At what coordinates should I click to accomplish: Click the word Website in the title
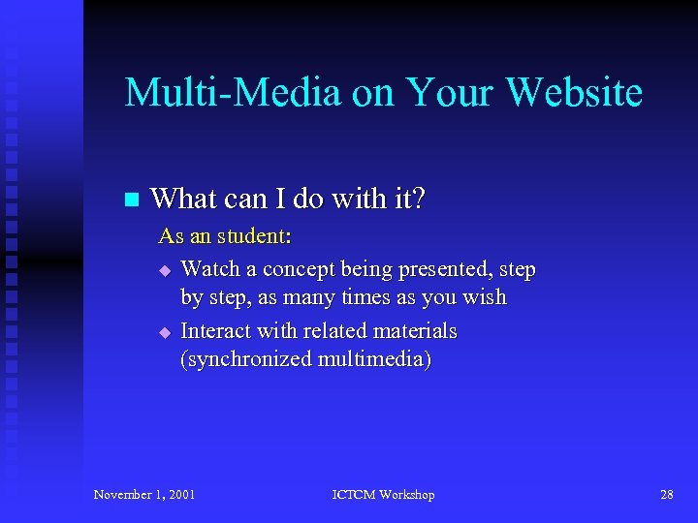click(x=574, y=93)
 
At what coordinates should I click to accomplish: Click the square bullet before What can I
click(x=132, y=200)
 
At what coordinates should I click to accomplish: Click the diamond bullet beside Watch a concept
click(x=165, y=269)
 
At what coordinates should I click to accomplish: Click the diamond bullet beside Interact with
click(x=165, y=332)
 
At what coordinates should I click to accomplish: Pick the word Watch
click(x=210, y=268)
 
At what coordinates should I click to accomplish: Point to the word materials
click(x=414, y=330)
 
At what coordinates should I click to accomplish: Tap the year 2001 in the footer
click(x=179, y=495)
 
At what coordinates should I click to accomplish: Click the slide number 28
click(x=667, y=495)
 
